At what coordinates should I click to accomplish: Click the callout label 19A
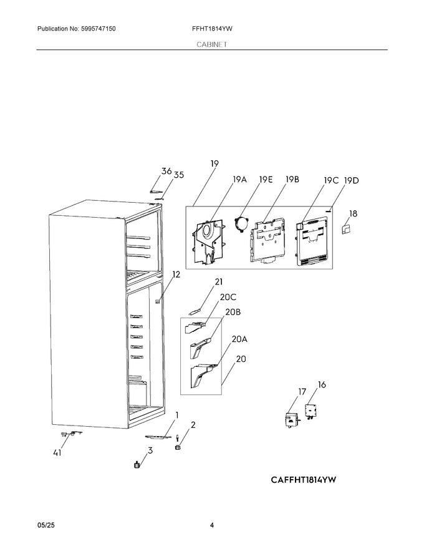coord(239,180)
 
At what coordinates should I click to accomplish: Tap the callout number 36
coord(166,171)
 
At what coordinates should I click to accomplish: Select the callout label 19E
coord(266,180)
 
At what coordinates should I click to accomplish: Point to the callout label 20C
coord(228,297)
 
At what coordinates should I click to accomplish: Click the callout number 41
coord(57,453)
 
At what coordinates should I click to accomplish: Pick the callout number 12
coord(176,274)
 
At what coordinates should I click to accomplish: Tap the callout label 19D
coord(351,181)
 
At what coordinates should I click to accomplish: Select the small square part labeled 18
coord(346,229)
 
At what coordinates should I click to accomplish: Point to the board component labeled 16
coord(311,411)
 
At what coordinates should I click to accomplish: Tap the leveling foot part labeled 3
coord(137,465)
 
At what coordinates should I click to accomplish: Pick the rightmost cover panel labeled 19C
coord(312,241)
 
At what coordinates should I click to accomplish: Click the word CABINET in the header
coord(211,44)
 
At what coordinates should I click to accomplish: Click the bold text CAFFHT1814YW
coord(303,479)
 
